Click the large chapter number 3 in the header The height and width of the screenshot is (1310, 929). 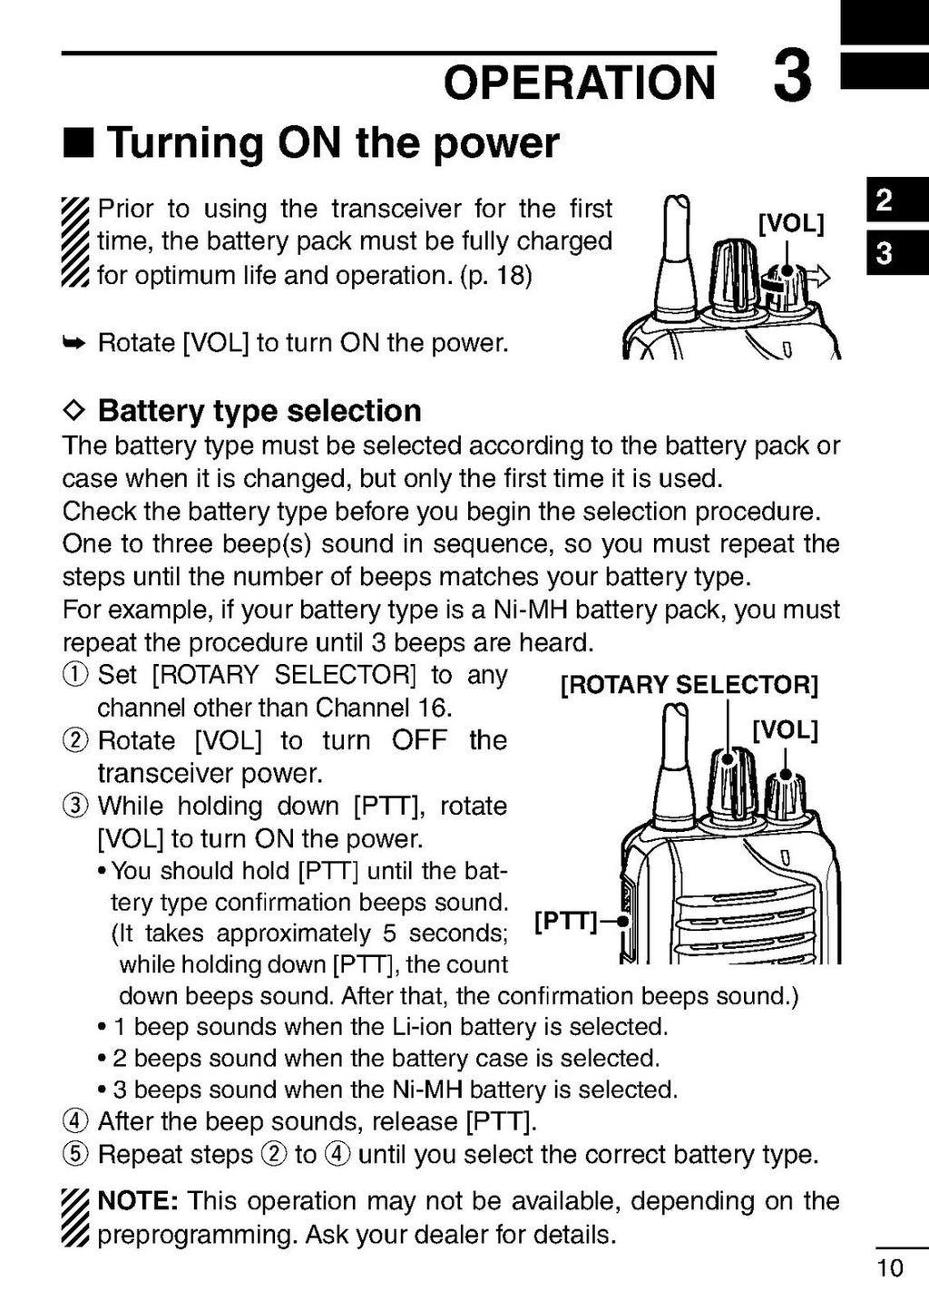pyautogui.click(x=792, y=78)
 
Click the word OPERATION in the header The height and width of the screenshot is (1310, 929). pyautogui.click(x=580, y=83)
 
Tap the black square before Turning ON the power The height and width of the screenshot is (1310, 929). pyautogui.click(x=79, y=143)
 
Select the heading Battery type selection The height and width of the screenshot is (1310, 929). pyautogui.click(x=259, y=411)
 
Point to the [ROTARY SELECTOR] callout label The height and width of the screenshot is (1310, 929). pyautogui.click(x=689, y=685)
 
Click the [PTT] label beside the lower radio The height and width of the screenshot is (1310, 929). pyautogui.click(x=565, y=923)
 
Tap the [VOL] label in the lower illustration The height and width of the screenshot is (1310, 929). pyautogui.click(x=785, y=730)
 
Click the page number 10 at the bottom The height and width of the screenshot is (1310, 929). pyautogui.click(x=891, y=1267)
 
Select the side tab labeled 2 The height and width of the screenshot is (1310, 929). pyautogui.click(x=884, y=200)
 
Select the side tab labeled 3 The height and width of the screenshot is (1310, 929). pyautogui.click(x=884, y=253)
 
